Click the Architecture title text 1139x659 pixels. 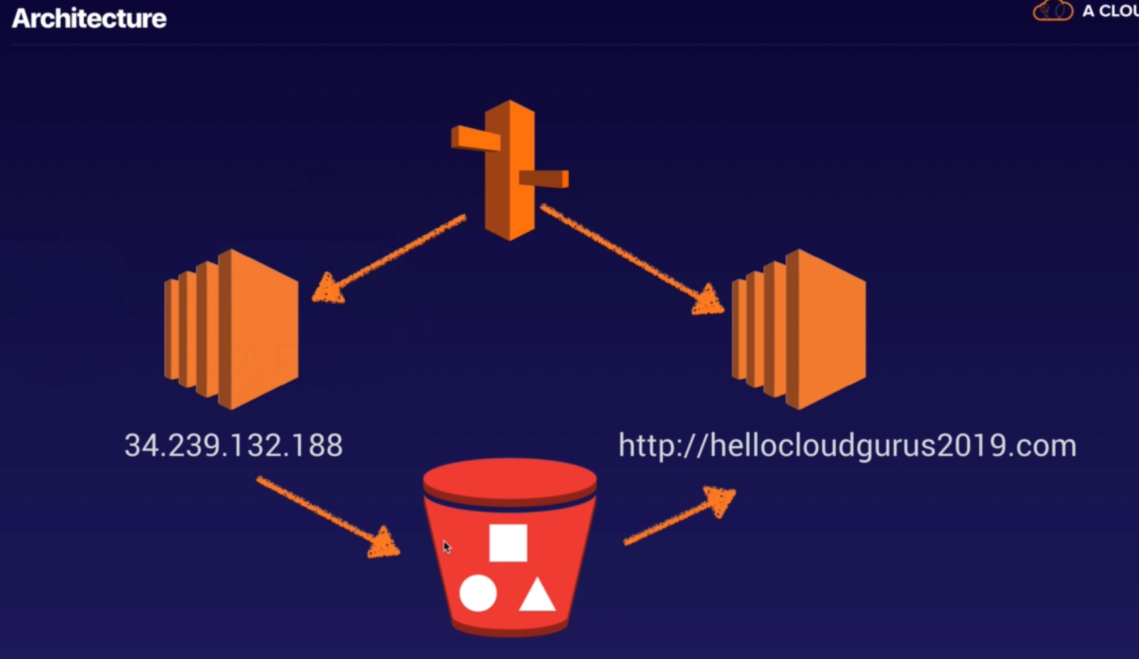tap(89, 18)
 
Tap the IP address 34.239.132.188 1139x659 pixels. tap(234, 446)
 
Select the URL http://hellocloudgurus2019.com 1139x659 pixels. tap(847, 446)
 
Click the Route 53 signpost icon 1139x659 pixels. tap(510, 170)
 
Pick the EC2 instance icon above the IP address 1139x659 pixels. tap(232, 329)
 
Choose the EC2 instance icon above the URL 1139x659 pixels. tap(799, 329)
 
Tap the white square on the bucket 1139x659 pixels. tap(508, 543)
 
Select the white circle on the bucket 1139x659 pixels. tap(478, 594)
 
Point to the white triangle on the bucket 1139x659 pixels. tap(537, 596)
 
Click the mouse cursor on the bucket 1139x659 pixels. tap(447, 547)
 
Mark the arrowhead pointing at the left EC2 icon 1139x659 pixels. tap(328, 290)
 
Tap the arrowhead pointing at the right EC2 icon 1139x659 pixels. tap(708, 301)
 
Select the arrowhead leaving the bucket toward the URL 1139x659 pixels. tap(720, 501)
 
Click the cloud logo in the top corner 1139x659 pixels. tap(1053, 11)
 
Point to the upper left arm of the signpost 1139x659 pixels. tap(476, 138)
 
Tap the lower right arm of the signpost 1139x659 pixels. tap(544, 178)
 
